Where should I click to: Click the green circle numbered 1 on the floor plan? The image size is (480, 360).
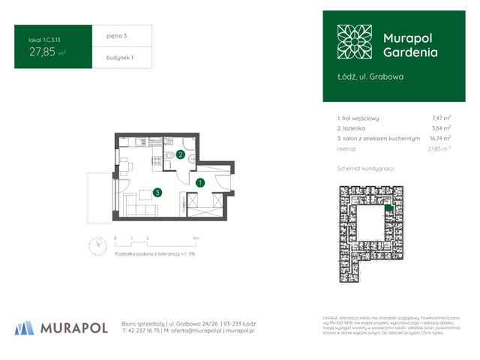coord(200,182)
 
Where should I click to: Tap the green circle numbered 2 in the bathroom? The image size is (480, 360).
coord(180,156)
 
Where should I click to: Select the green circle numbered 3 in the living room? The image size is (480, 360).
coord(157,192)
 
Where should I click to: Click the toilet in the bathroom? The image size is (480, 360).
coord(170,154)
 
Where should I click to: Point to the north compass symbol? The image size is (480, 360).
coord(100,242)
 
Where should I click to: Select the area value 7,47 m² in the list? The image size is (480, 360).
coord(441,118)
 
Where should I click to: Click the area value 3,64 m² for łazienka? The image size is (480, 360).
coord(441,128)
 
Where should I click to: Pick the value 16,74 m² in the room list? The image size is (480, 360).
coord(439,139)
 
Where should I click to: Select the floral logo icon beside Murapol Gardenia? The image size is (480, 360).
coord(353,43)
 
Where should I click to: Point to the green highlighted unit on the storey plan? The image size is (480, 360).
coord(388,209)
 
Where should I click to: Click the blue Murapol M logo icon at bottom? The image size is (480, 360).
coord(25,327)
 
